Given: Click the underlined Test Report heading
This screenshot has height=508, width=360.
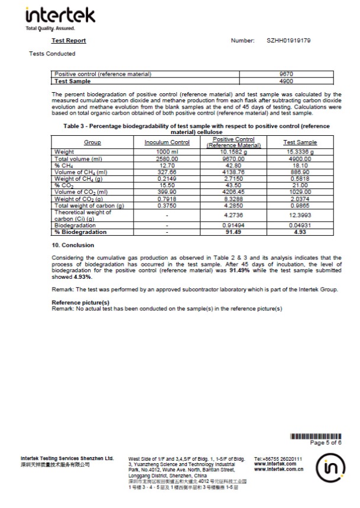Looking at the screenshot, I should [x=69, y=41].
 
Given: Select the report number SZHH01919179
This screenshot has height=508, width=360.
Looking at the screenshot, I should [x=289, y=41].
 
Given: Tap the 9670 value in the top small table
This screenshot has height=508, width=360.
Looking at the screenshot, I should [x=286, y=74].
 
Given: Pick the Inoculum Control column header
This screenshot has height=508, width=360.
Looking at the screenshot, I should [x=167, y=142].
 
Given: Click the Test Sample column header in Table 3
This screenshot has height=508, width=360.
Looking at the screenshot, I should [x=300, y=142].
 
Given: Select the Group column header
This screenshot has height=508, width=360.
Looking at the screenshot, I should [x=92, y=142].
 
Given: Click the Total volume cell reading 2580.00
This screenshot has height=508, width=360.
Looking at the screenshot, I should [x=167, y=159].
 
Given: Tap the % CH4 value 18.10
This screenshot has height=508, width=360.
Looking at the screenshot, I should [x=300, y=166].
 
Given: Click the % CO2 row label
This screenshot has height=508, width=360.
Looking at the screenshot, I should [x=63, y=185].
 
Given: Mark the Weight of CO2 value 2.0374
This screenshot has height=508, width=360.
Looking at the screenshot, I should [x=300, y=199].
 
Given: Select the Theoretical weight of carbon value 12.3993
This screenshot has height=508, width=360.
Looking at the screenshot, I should [x=300, y=216].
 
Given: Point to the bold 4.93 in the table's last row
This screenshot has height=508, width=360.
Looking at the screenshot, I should [x=300, y=232].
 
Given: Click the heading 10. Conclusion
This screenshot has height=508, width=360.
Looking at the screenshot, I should [x=73, y=245].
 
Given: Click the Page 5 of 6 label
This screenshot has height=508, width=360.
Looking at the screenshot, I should [x=326, y=442].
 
